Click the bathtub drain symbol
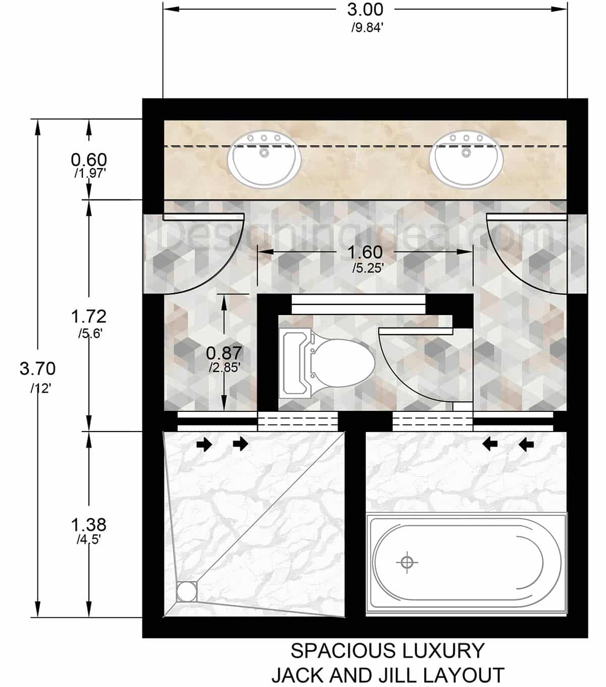click(x=407, y=562)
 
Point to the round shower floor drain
click(x=187, y=591)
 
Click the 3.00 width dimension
click(x=365, y=10)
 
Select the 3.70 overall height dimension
click(x=37, y=369)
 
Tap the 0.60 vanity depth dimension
click(x=89, y=160)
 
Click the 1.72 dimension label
click(x=89, y=316)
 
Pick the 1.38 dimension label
click(x=89, y=525)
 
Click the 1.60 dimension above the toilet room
click(x=365, y=252)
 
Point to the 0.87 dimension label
click(x=224, y=352)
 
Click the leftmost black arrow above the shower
click(x=205, y=444)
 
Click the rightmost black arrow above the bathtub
click(x=527, y=444)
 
